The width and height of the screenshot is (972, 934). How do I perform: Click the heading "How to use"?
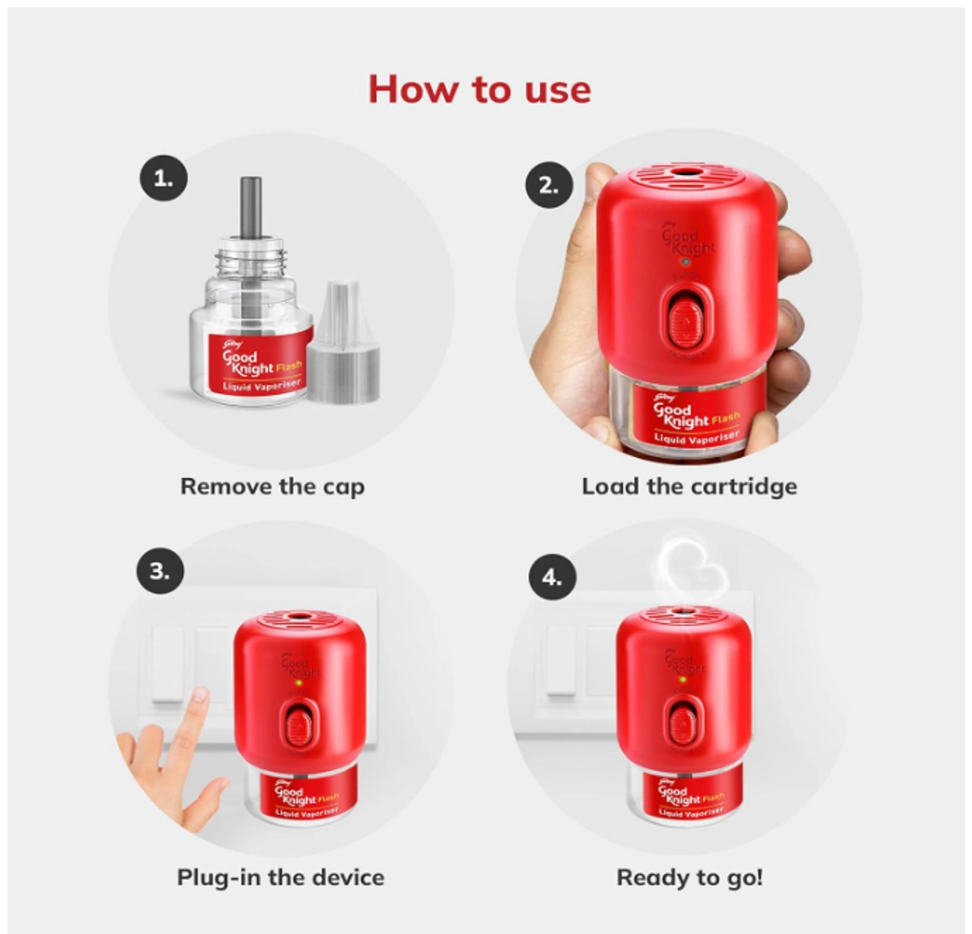(480, 89)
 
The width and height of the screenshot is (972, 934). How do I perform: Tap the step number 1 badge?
(163, 179)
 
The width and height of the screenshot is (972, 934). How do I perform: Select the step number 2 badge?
(548, 185)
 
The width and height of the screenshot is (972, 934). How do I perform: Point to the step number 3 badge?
(160, 571)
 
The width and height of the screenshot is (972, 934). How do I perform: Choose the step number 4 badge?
(552, 578)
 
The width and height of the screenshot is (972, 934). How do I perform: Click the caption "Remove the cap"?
(272, 487)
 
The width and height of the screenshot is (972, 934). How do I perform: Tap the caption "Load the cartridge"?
(689, 487)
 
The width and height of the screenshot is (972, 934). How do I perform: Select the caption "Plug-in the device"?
(280, 877)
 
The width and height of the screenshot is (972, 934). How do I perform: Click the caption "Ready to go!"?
(689, 877)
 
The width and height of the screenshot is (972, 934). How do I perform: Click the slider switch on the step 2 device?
(685, 321)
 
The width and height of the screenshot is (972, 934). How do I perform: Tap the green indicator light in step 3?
(299, 683)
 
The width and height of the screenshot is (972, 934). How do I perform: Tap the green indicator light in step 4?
(683, 679)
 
